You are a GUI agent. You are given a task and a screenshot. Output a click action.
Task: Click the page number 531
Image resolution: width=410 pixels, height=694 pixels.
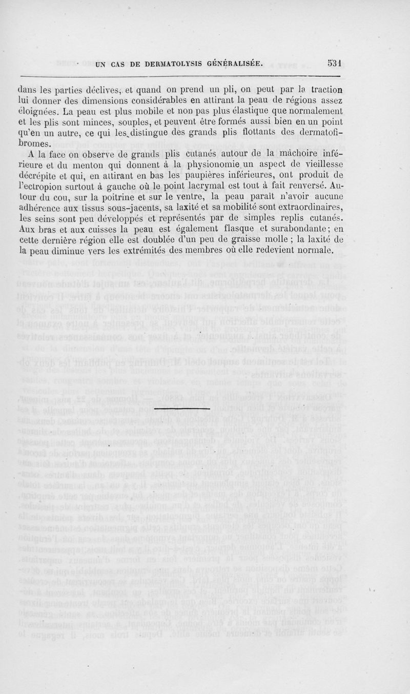coord(335,64)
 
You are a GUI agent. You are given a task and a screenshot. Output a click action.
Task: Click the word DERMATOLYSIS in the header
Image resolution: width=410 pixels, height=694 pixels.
coord(170,65)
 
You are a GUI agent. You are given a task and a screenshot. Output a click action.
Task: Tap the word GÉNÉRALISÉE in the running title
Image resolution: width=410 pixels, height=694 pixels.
coord(235,65)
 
